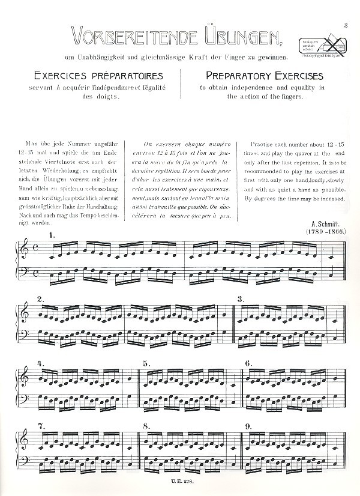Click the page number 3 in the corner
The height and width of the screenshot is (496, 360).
point(347,25)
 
